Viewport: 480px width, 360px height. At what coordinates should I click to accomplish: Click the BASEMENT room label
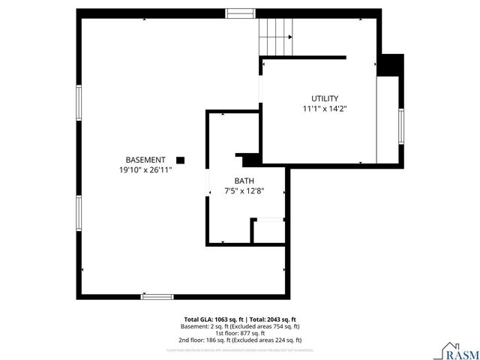145,160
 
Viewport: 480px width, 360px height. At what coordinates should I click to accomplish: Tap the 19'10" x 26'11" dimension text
145,169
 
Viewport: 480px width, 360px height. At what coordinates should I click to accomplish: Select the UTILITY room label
325,98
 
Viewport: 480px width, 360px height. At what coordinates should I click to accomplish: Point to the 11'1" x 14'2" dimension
325,108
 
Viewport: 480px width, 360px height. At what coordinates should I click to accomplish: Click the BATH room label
244,181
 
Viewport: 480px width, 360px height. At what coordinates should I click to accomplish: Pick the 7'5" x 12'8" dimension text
244,190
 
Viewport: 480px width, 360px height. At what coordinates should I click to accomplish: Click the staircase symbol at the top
275,35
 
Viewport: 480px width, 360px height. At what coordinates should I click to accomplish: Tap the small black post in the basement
180,160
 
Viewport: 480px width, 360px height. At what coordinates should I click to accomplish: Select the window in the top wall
240,13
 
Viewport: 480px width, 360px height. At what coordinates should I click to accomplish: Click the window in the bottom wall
157,296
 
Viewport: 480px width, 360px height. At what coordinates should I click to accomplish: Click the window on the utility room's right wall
401,127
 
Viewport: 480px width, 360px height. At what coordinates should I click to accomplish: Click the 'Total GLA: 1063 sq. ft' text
211,319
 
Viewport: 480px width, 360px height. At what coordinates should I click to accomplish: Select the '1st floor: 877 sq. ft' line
240,333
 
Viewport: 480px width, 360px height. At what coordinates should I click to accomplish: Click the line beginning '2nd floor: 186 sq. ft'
240,340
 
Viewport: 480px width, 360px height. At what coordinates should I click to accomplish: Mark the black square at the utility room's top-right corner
389,65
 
